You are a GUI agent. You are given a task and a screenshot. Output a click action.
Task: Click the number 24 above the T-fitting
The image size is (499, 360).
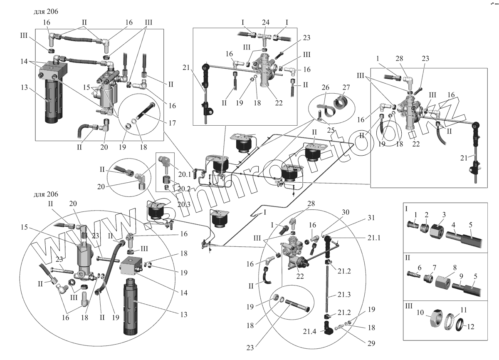[265, 22]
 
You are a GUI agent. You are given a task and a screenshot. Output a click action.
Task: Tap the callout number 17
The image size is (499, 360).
[172, 123]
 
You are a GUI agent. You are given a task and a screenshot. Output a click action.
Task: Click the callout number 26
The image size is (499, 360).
[325, 87]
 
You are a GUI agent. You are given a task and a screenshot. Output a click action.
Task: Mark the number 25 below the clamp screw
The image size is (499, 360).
[331, 130]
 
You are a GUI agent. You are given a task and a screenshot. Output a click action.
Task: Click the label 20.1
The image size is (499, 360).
[185, 174]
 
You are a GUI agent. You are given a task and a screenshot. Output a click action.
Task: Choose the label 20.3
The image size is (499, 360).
[184, 204]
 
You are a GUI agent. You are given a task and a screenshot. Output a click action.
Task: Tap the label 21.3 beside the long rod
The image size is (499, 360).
[344, 295]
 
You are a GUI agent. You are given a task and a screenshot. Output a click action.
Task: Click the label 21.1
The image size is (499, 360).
[374, 238]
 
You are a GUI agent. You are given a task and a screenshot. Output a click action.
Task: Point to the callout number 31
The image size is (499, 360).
[371, 218]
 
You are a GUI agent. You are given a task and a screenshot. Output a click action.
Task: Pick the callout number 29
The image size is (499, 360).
[371, 343]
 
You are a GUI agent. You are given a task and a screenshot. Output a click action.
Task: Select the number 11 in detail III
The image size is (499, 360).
[463, 310]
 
